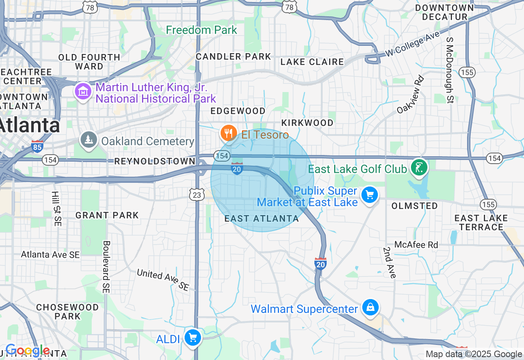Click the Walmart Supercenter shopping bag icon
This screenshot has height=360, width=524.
(x=370, y=307)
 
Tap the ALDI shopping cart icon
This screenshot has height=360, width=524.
(x=192, y=337)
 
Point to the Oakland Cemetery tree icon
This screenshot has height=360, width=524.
(x=89, y=140)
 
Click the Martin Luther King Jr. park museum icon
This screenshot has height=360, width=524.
(x=83, y=92)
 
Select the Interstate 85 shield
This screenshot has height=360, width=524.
(x=37, y=146)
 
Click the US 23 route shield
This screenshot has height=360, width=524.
(x=197, y=195)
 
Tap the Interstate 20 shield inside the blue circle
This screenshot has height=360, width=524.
(x=237, y=169)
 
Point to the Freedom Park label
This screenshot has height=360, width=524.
(x=201, y=30)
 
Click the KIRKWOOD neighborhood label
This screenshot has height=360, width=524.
(x=307, y=123)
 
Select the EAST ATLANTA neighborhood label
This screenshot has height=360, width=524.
(x=262, y=219)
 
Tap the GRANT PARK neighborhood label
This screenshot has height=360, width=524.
(x=107, y=215)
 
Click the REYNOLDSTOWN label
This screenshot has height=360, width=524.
(x=155, y=162)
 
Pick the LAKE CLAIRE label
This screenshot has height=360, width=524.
(x=312, y=62)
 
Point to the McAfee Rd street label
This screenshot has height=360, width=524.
(x=416, y=245)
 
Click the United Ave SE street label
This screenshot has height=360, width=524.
(x=163, y=280)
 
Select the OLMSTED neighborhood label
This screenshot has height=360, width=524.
(x=415, y=206)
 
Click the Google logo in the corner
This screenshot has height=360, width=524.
(x=28, y=351)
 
